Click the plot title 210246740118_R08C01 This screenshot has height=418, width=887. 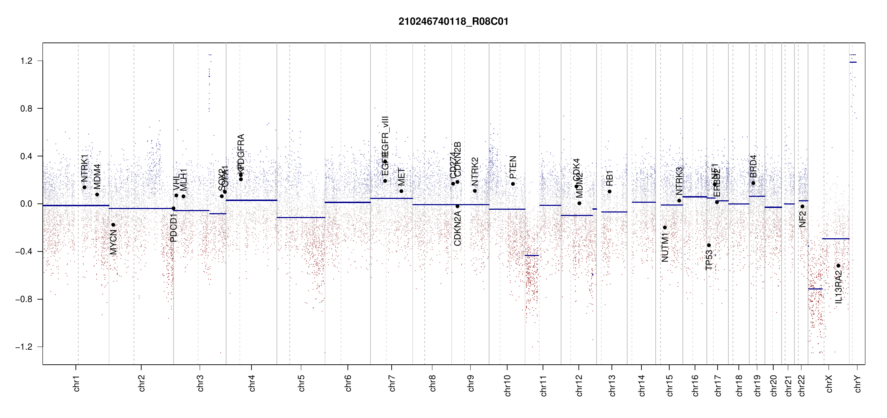453,22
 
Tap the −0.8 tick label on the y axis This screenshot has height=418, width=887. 24,299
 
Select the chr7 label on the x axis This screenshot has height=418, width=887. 392,383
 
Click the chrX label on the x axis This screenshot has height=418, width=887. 829,384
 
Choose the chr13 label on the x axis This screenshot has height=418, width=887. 612,385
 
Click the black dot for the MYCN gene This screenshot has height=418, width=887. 113,225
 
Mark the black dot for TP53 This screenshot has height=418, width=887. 709,246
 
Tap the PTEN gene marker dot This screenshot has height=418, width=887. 513,184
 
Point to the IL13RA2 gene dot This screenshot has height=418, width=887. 838,266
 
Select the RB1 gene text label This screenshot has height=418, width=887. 609,178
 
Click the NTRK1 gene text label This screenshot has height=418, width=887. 85,168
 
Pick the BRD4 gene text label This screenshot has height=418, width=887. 753,166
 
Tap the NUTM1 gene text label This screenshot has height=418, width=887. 665,247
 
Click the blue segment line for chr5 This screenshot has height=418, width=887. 301,218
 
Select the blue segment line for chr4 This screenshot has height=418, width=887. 251,200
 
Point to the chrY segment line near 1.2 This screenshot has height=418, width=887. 853,62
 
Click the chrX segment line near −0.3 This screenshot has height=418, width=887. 836,239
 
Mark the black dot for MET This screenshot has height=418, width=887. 401,191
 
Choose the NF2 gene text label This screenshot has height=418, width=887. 802,219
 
